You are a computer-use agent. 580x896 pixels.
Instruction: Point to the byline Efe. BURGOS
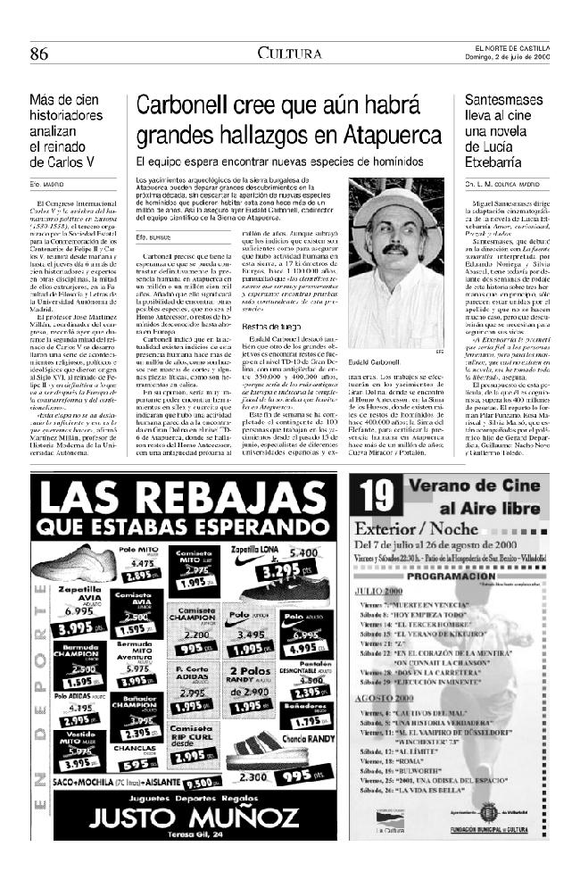click(x=152, y=237)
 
